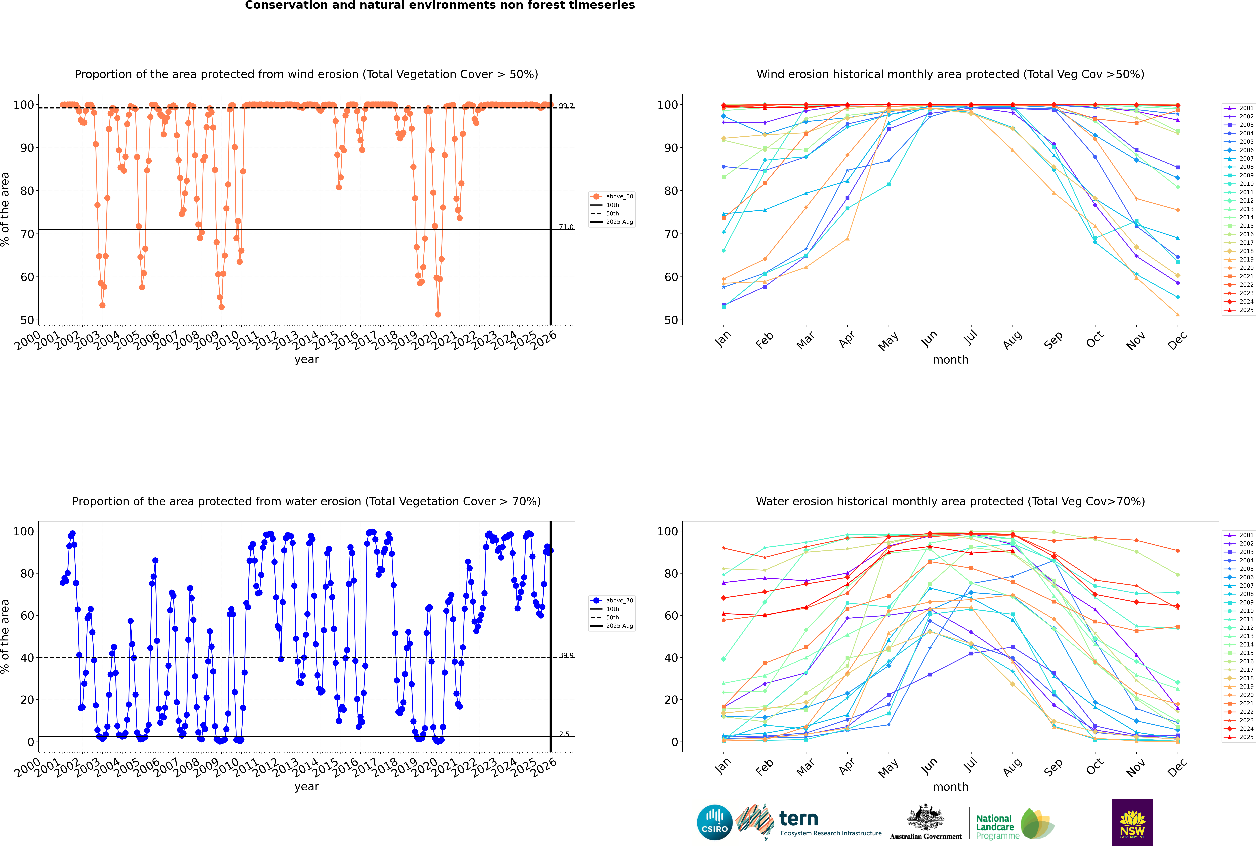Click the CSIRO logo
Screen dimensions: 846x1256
point(714,822)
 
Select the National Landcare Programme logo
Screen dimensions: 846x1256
point(1015,824)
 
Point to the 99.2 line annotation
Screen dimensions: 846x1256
point(566,106)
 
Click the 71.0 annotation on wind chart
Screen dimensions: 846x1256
point(566,227)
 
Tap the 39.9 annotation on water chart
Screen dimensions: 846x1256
point(566,656)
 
